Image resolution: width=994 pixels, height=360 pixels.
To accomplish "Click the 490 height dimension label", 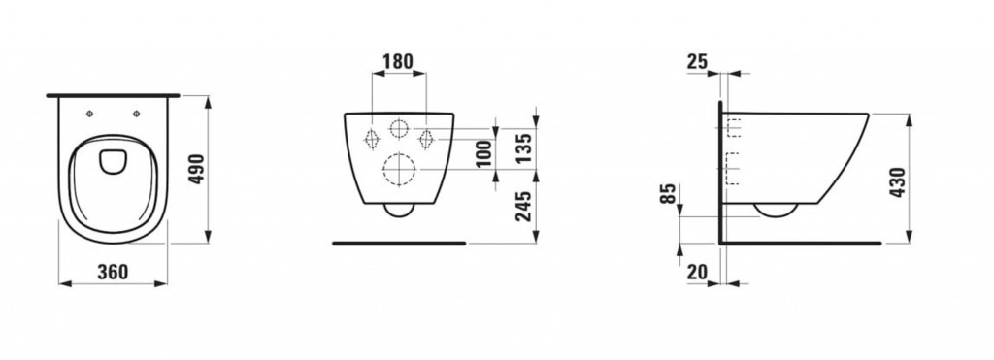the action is point(198,169).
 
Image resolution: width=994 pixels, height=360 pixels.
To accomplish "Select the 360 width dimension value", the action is point(113,272).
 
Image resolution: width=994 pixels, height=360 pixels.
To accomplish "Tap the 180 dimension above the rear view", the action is point(398,61).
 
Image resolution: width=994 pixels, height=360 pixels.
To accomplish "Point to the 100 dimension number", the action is point(483,154).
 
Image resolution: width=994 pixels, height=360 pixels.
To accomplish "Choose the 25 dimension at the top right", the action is point(697,61).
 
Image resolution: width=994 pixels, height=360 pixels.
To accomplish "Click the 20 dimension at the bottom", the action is point(697,272).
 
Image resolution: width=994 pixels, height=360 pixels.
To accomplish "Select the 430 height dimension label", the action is point(897,182).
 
